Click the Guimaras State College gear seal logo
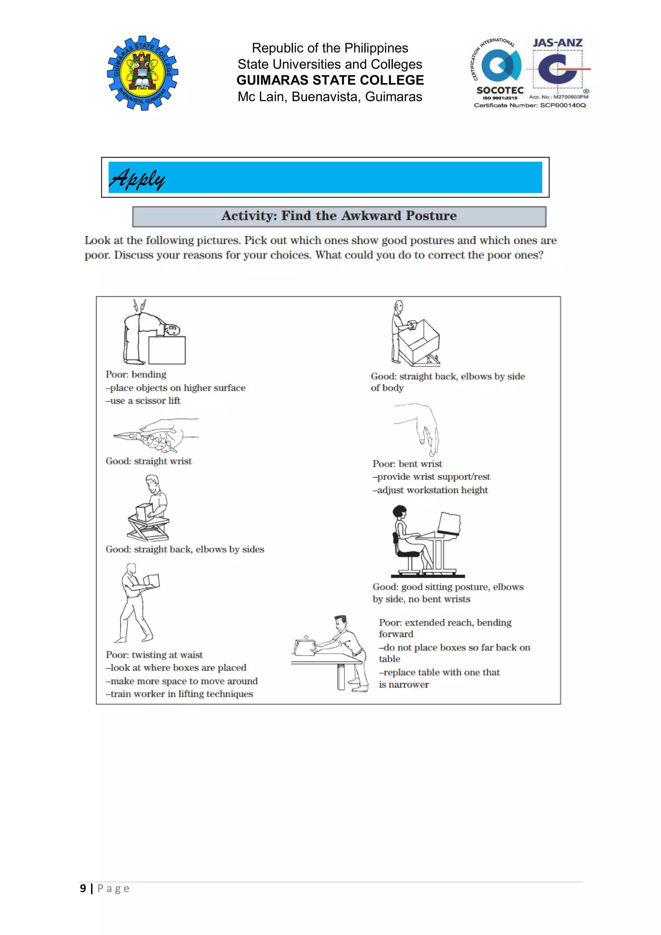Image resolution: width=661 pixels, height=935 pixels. point(142,73)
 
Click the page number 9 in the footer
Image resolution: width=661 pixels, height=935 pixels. point(83,888)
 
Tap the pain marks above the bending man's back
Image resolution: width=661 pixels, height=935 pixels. point(140,305)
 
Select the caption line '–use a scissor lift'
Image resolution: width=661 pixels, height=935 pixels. point(143,401)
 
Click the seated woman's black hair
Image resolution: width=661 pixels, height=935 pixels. point(399,511)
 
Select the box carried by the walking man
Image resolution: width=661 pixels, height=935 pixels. point(151,580)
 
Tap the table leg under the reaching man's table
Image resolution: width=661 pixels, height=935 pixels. point(341,676)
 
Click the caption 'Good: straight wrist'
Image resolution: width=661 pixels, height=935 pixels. point(148,461)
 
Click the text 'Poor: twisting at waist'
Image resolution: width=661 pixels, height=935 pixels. point(154,655)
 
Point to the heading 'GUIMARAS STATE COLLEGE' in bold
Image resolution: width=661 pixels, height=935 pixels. point(330,80)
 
